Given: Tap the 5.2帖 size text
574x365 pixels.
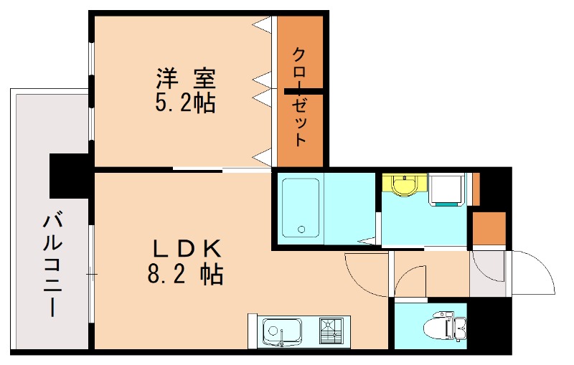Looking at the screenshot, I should pos(186,104).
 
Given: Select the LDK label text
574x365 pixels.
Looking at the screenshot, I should pos(186,248).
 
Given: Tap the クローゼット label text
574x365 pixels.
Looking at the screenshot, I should pos(300,96).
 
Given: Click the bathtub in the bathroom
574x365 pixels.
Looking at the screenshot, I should pos(301,209).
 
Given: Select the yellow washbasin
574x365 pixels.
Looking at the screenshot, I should pos(405,184).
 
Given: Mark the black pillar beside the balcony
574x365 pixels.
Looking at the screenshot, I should pos(67,176).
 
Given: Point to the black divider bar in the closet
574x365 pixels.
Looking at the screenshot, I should pos(305,91).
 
